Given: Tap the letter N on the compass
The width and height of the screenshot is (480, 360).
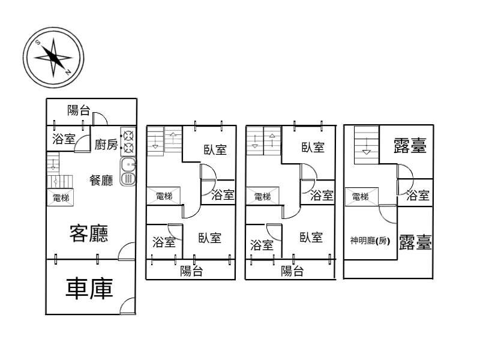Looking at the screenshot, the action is pyautogui.click(x=68, y=72).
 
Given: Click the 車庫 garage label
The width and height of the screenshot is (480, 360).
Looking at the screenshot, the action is pyautogui.click(x=89, y=289).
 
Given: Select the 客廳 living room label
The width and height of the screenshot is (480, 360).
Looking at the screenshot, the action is pyautogui.click(x=89, y=233).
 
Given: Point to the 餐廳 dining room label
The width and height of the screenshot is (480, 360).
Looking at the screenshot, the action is pyautogui.click(x=101, y=180).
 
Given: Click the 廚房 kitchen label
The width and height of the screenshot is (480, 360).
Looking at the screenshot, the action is pyautogui.click(x=106, y=145).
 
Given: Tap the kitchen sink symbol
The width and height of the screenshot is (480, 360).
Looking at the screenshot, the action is pyautogui.click(x=128, y=172).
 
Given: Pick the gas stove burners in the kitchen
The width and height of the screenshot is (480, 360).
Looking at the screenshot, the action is pyautogui.click(x=128, y=142).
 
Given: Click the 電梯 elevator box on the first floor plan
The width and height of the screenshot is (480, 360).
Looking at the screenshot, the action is pyautogui.click(x=60, y=197).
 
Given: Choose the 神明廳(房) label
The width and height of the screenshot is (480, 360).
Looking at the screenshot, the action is pyautogui.click(x=370, y=241).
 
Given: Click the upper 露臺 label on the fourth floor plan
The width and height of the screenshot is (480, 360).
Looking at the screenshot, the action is pyautogui.click(x=410, y=145).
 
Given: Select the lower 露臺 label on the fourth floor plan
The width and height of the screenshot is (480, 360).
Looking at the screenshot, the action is pyautogui.click(x=415, y=242).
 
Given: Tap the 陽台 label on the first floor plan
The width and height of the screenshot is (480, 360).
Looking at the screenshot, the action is pyautogui.click(x=79, y=110).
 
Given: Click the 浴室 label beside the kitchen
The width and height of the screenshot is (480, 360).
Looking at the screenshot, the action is pyautogui.click(x=64, y=139).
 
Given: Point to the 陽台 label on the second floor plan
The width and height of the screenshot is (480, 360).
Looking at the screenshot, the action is pyautogui.click(x=191, y=271).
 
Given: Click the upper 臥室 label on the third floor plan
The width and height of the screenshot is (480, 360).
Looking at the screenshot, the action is pyautogui.click(x=313, y=148).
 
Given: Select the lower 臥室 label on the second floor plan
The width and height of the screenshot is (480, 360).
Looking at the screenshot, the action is pyautogui.click(x=209, y=238).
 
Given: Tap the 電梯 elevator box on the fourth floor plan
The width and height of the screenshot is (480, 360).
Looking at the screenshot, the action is pyautogui.click(x=362, y=197).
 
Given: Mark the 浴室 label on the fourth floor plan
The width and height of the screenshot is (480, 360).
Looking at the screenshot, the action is pyautogui.click(x=418, y=195).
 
